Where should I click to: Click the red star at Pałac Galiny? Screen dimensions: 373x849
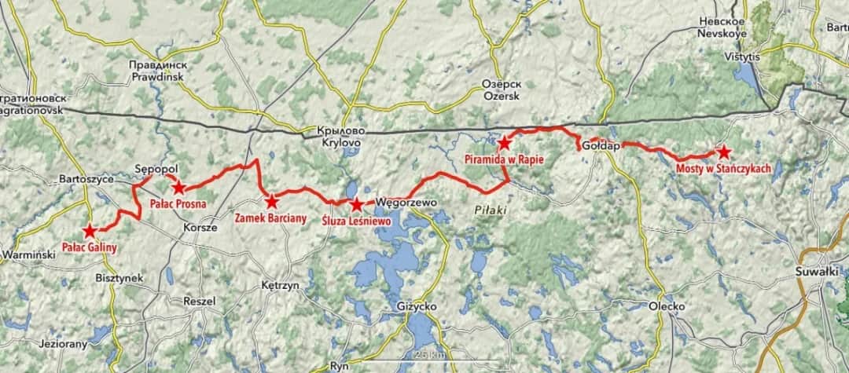(90, 231)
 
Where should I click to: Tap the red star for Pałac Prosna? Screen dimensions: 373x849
(178, 187)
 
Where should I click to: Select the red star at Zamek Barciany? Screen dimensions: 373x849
(271, 201)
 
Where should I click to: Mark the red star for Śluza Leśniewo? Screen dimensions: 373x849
(356, 205)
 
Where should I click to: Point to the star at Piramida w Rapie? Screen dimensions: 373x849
(504, 143)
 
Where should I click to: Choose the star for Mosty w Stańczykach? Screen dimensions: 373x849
(722, 152)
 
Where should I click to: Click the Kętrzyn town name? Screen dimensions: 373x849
(280, 287)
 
